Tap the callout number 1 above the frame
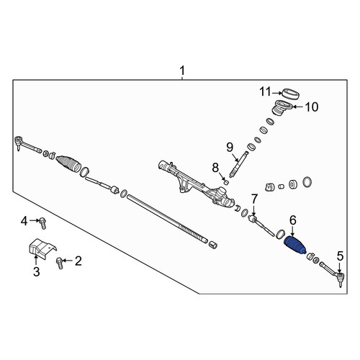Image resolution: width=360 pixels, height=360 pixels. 182,71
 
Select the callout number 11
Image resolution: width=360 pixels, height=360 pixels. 265,91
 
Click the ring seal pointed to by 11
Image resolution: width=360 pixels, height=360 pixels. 290,94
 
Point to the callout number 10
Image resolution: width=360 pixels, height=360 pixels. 312,107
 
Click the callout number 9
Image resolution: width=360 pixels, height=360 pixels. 230,148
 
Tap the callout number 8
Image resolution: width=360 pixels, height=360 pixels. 215,168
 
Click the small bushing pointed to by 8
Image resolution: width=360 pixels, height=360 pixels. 225,181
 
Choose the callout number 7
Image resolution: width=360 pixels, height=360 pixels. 254,199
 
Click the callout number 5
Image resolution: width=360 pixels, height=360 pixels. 340,256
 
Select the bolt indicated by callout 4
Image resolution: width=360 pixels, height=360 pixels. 43,223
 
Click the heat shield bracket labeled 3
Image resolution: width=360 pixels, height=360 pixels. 42,248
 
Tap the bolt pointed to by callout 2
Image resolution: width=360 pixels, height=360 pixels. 60,263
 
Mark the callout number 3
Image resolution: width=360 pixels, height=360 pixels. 36,271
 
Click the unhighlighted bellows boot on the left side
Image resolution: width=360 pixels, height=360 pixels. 68,163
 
